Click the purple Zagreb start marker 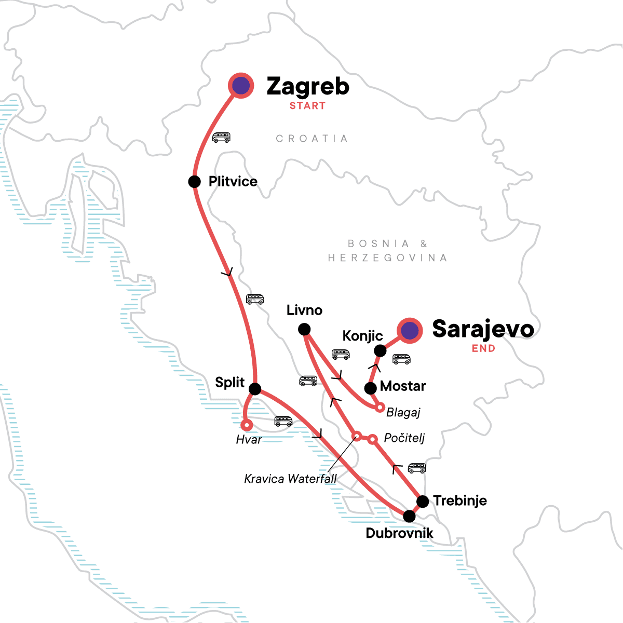point(241,86)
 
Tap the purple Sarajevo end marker point(410,330)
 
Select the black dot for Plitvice point(194,182)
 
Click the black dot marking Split point(255,389)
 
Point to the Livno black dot point(304,329)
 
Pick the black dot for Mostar point(370,388)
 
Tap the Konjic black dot point(380,351)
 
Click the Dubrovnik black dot point(409,516)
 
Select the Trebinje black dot point(423,502)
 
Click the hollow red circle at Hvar point(247,425)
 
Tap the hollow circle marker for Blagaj point(380,408)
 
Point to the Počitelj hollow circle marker point(372,439)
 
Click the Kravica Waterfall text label point(290,479)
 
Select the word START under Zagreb point(307,106)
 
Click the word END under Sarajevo point(483,348)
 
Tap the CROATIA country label point(311,139)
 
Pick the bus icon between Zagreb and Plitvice point(221,138)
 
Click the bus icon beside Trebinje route point(417,468)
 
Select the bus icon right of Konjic point(401,359)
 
